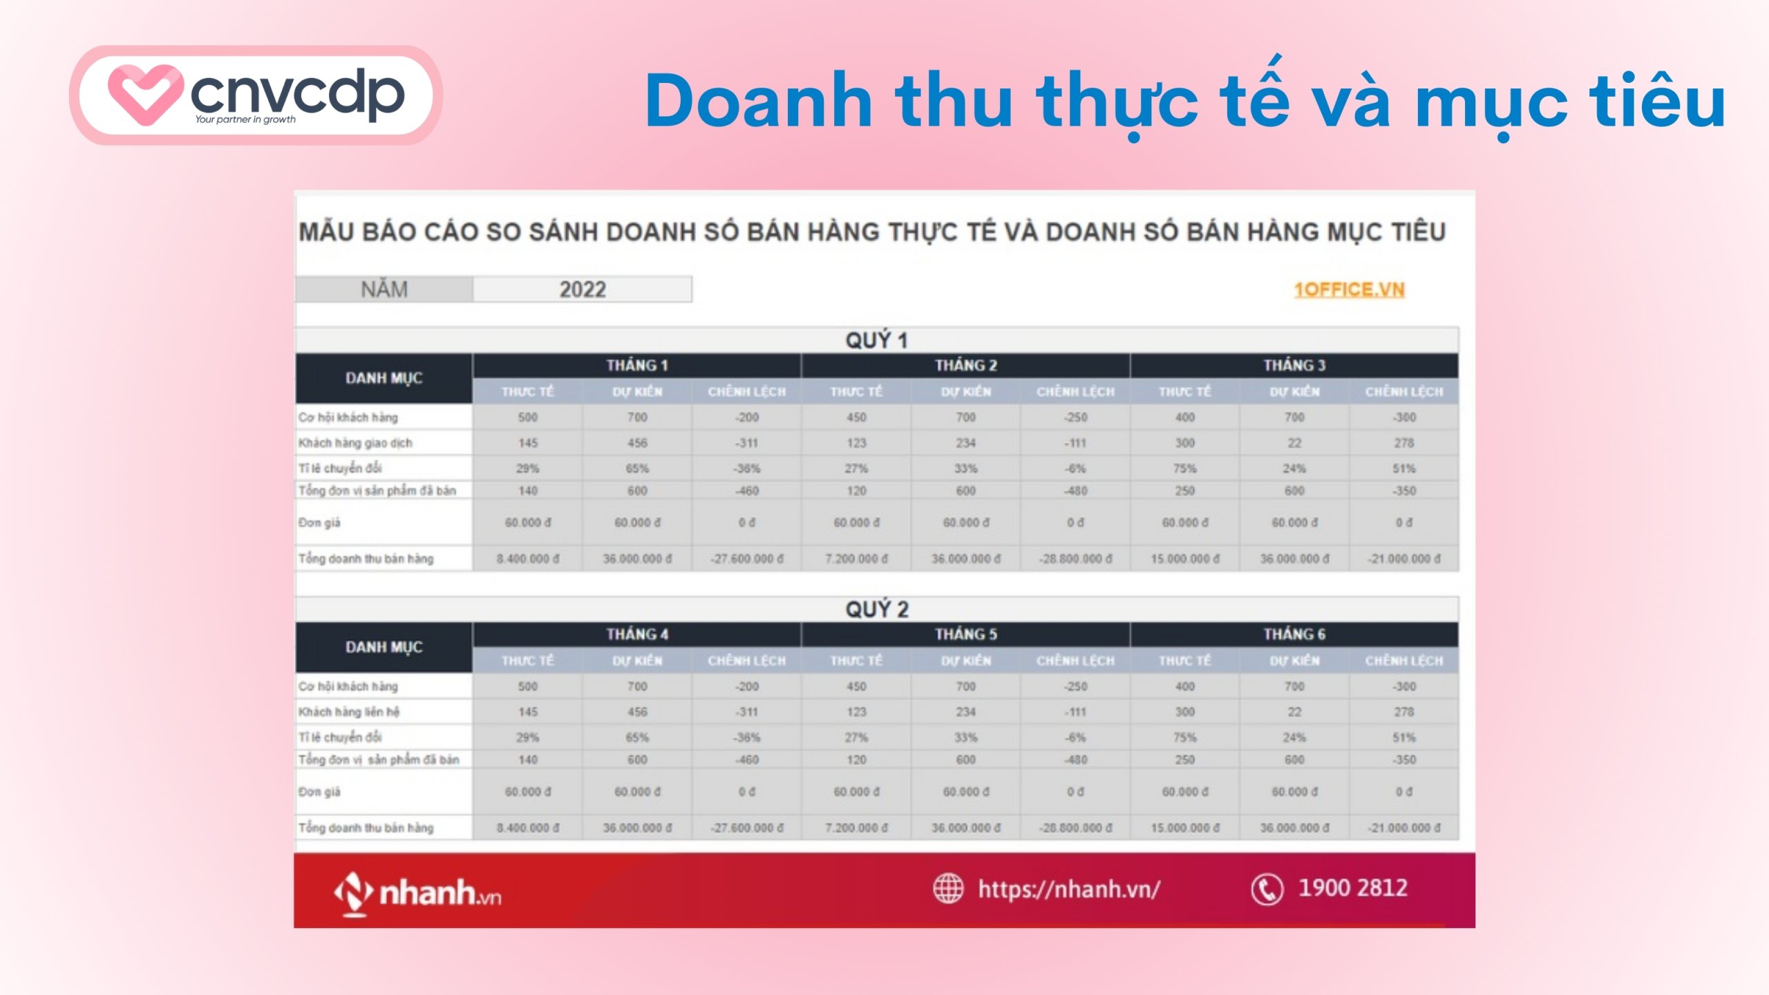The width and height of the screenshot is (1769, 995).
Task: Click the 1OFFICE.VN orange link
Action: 1349,290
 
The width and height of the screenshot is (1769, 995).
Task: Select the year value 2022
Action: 583,290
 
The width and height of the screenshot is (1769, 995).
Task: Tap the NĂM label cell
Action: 384,290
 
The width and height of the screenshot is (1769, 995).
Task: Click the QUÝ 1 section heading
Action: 876,340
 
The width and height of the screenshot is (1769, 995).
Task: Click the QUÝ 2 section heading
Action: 876,609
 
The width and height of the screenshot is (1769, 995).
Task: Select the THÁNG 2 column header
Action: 965,366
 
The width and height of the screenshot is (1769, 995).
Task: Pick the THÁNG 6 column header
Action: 1294,634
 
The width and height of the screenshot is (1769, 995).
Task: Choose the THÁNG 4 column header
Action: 636,634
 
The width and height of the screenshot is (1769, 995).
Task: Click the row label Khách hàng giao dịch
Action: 355,443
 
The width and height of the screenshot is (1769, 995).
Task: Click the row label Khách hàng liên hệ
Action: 349,712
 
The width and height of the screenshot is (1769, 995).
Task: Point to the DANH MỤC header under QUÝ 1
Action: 384,379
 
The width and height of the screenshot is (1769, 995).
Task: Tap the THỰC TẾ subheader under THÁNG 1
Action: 527,392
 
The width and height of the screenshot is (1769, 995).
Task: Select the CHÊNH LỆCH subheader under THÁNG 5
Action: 1075,661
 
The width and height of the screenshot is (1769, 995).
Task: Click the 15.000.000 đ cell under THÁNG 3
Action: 1184,558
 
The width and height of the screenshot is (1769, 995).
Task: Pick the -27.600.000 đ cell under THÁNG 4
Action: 746,827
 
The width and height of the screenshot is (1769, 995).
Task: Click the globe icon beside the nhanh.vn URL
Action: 948,889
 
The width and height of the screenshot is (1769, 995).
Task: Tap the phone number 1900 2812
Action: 1352,888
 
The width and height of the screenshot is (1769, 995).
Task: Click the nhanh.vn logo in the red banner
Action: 417,893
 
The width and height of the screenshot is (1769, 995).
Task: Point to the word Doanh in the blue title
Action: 758,102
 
